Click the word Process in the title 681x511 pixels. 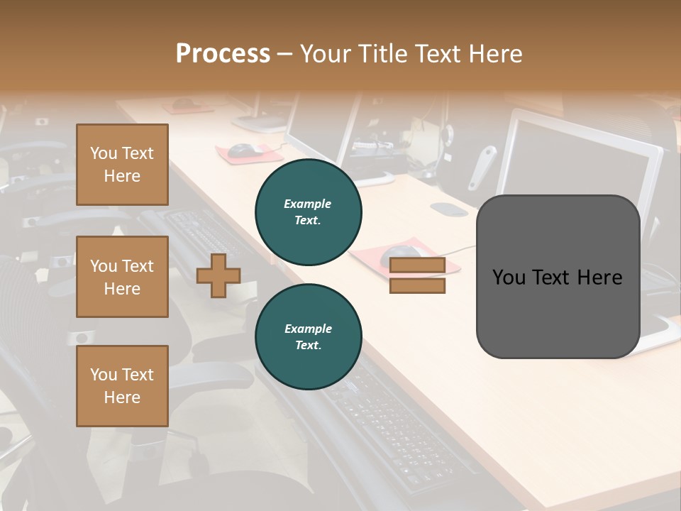coord(223,54)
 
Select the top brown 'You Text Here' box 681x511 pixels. coord(122,165)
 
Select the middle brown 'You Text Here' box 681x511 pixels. coord(122,277)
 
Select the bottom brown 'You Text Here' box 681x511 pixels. coord(122,386)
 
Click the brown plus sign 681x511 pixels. coord(218,275)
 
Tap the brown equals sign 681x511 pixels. coord(417,275)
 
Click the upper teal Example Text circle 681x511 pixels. coord(308,212)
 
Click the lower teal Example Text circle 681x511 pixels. coord(308,337)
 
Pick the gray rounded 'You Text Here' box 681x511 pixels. coord(558,277)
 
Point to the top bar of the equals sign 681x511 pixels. coord(417,265)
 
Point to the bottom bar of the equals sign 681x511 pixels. coord(417,286)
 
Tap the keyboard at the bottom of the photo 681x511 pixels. coord(397,426)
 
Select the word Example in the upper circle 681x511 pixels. coord(307,204)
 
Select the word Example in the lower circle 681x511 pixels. coord(308,329)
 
